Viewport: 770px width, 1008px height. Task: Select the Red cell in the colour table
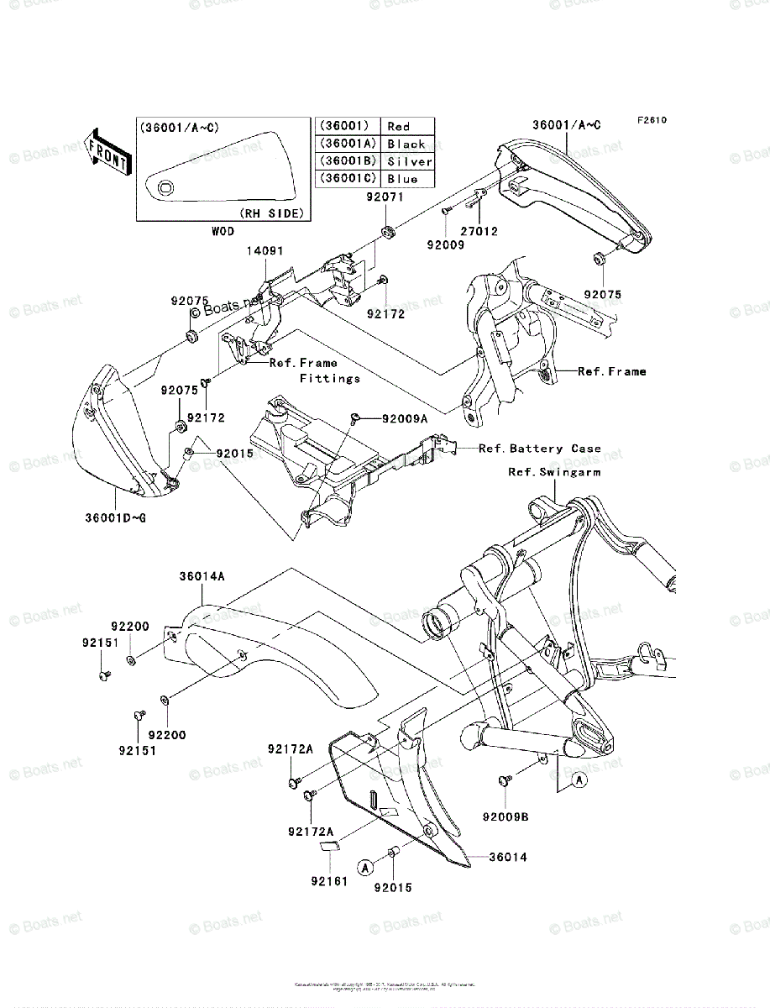click(x=398, y=127)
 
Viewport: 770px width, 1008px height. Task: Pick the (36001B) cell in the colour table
click(x=346, y=161)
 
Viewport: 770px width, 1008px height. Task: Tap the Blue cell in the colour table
click(x=402, y=179)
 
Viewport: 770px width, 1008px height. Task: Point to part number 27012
click(x=479, y=231)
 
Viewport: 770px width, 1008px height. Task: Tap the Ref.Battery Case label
click(x=539, y=449)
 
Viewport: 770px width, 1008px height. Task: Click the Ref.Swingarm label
click(x=553, y=472)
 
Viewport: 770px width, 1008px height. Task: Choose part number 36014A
click(x=202, y=576)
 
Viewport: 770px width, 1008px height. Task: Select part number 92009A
click(x=405, y=417)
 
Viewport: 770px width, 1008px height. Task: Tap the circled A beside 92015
click(x=364, y=866)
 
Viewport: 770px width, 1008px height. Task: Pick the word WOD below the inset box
click(x=223, y=231)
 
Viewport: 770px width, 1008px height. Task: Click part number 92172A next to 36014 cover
click(x=290, y=748)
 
